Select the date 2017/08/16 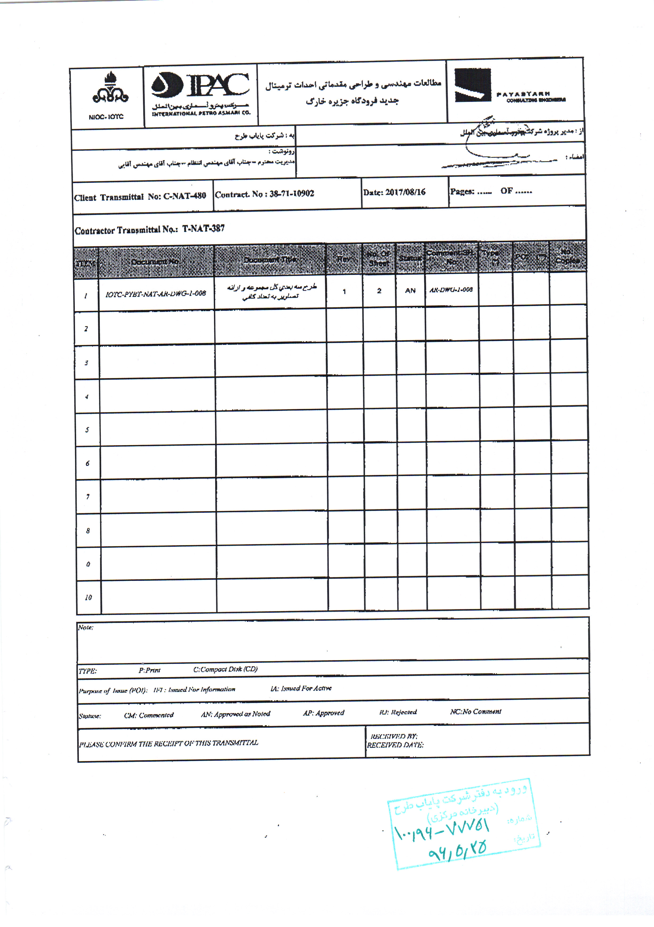[405, 192]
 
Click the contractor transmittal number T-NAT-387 [204, 229]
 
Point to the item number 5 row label [87, 430]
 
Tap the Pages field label [462, 191]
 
